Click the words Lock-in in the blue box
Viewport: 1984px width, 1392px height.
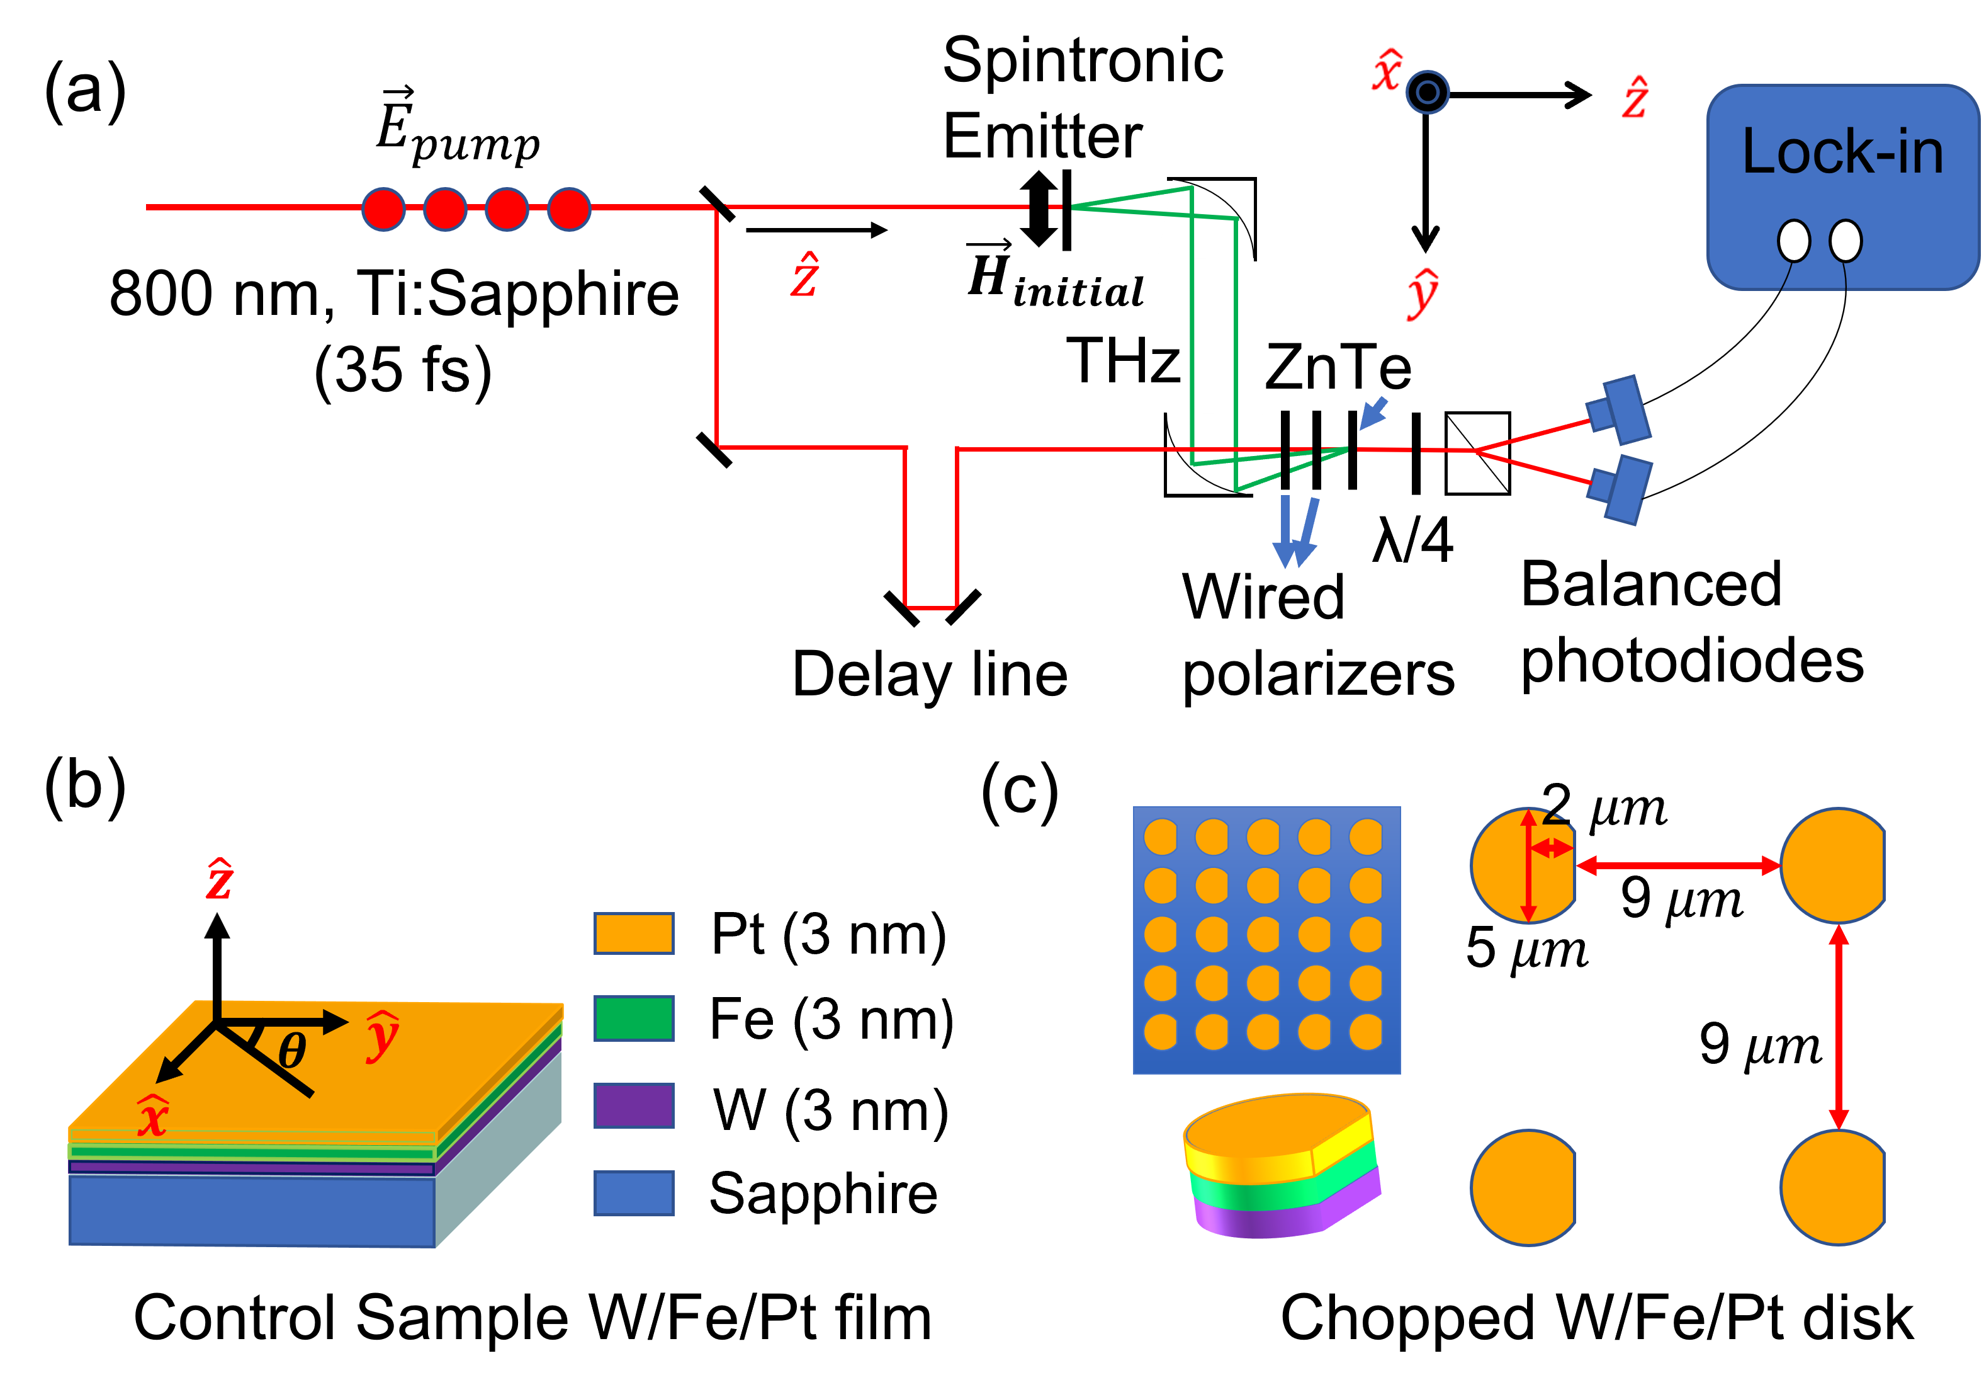click(1842, 152)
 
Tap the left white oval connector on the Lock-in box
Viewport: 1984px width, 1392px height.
click(1794, 241)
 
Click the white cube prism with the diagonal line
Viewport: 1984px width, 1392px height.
click(1478, 453)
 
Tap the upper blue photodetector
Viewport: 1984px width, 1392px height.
click(1621, 411)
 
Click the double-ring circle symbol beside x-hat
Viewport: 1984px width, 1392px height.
click(1428, 92)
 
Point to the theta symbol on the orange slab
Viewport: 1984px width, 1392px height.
click(292, 1051)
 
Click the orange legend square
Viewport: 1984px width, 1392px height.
click(633, 933)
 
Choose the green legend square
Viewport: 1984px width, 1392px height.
click(633, 1018)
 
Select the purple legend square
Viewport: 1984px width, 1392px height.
click(633, 1105)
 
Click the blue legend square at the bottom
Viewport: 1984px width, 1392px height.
click(633, 1193)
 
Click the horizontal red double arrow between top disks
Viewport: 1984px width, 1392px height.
click(1678, 865)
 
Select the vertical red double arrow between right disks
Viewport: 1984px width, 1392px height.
click(1839, 1026)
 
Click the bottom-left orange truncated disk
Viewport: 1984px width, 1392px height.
click(1523, 1188)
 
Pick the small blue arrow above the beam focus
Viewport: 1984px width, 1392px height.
click(1374, 413)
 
